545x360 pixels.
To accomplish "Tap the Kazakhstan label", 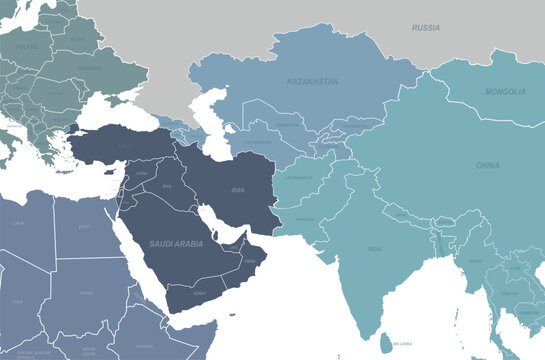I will point(311,81).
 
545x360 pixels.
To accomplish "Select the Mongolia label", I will point(505,92).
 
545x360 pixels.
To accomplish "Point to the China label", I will point(488,165).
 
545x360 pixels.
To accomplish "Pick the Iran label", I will point(237,189).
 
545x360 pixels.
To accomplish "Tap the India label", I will point(374,248).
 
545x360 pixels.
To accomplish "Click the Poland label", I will point(26,46).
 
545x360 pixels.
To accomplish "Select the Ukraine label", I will point(89,67).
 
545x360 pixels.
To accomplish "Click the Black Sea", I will point(106,118).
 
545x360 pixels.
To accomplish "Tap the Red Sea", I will point(134,255).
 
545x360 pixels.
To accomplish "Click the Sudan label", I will point(88,293).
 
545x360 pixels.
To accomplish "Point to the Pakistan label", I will point(306,219).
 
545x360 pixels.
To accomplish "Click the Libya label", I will point(17,223).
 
